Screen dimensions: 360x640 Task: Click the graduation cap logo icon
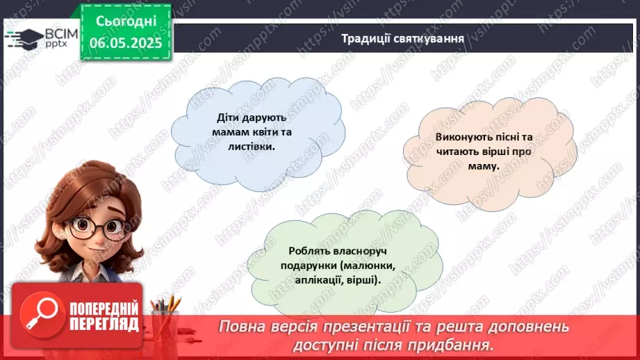pos(23,38)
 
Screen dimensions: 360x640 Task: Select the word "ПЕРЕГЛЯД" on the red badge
pos(103,324)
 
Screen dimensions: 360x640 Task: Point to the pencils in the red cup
pos(167,306)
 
